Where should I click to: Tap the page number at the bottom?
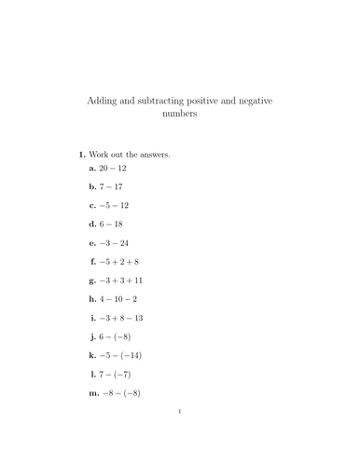(179, 435)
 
